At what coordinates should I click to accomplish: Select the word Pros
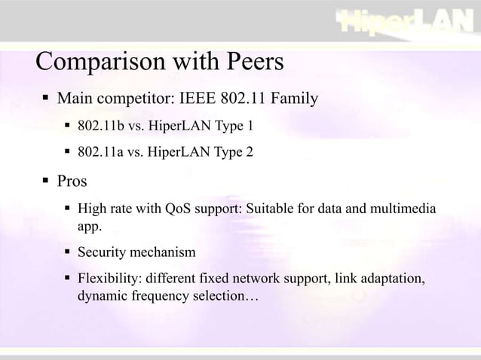[72, 181]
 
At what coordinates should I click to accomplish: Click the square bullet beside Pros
[47, 181]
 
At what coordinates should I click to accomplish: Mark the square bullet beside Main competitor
[47, 99]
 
